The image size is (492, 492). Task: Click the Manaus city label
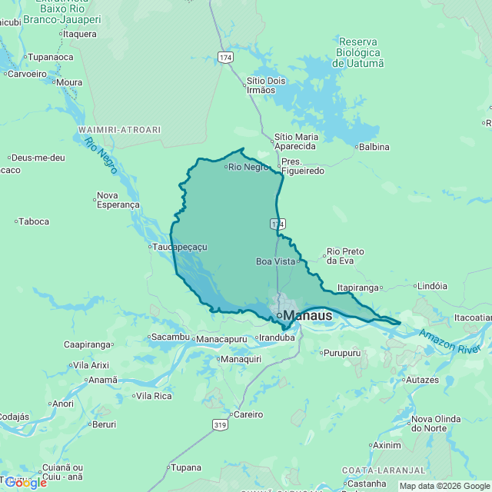pos(307,315)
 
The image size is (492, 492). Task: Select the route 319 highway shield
pos(221,424)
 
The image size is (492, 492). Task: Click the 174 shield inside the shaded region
pos(278,223)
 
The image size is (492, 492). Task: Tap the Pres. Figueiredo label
pos(302,166)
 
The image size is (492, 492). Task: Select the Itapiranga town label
pos(360,288)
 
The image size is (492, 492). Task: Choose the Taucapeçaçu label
pos(181,247)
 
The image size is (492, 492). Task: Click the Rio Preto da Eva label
pos(344,256)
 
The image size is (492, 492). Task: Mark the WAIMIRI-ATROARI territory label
pos(119,130)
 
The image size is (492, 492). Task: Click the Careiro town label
pos(248,414)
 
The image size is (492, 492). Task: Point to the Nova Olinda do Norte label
pos(436,423)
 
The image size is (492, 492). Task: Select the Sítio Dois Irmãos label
pos(265,85)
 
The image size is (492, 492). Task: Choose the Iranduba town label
pos(277,337)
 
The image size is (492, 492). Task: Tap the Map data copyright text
pos(444,486)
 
